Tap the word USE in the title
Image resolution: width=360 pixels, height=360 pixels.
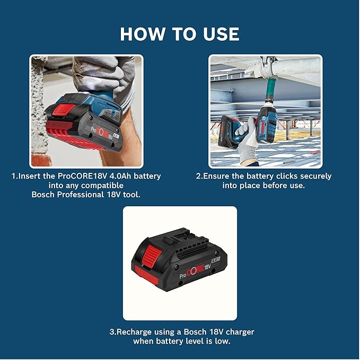218,34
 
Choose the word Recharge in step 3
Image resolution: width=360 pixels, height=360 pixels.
137,332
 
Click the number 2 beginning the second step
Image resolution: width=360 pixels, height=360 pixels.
198,176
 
